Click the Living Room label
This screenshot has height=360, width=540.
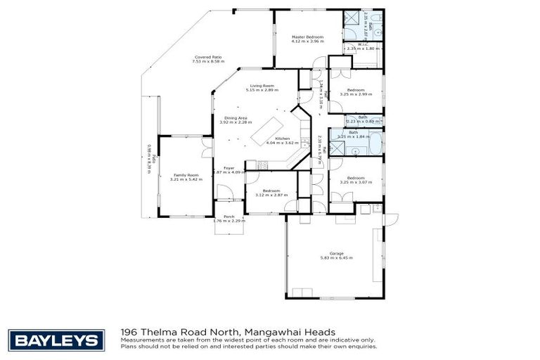coord(260,86)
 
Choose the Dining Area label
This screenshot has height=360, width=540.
coord(236,117)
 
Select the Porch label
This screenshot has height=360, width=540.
coord(229,217)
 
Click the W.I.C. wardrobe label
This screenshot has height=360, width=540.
coord(363,44)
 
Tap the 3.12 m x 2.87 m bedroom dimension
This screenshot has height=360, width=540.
coord(271,195)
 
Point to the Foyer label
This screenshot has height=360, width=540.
coord(229,168)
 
